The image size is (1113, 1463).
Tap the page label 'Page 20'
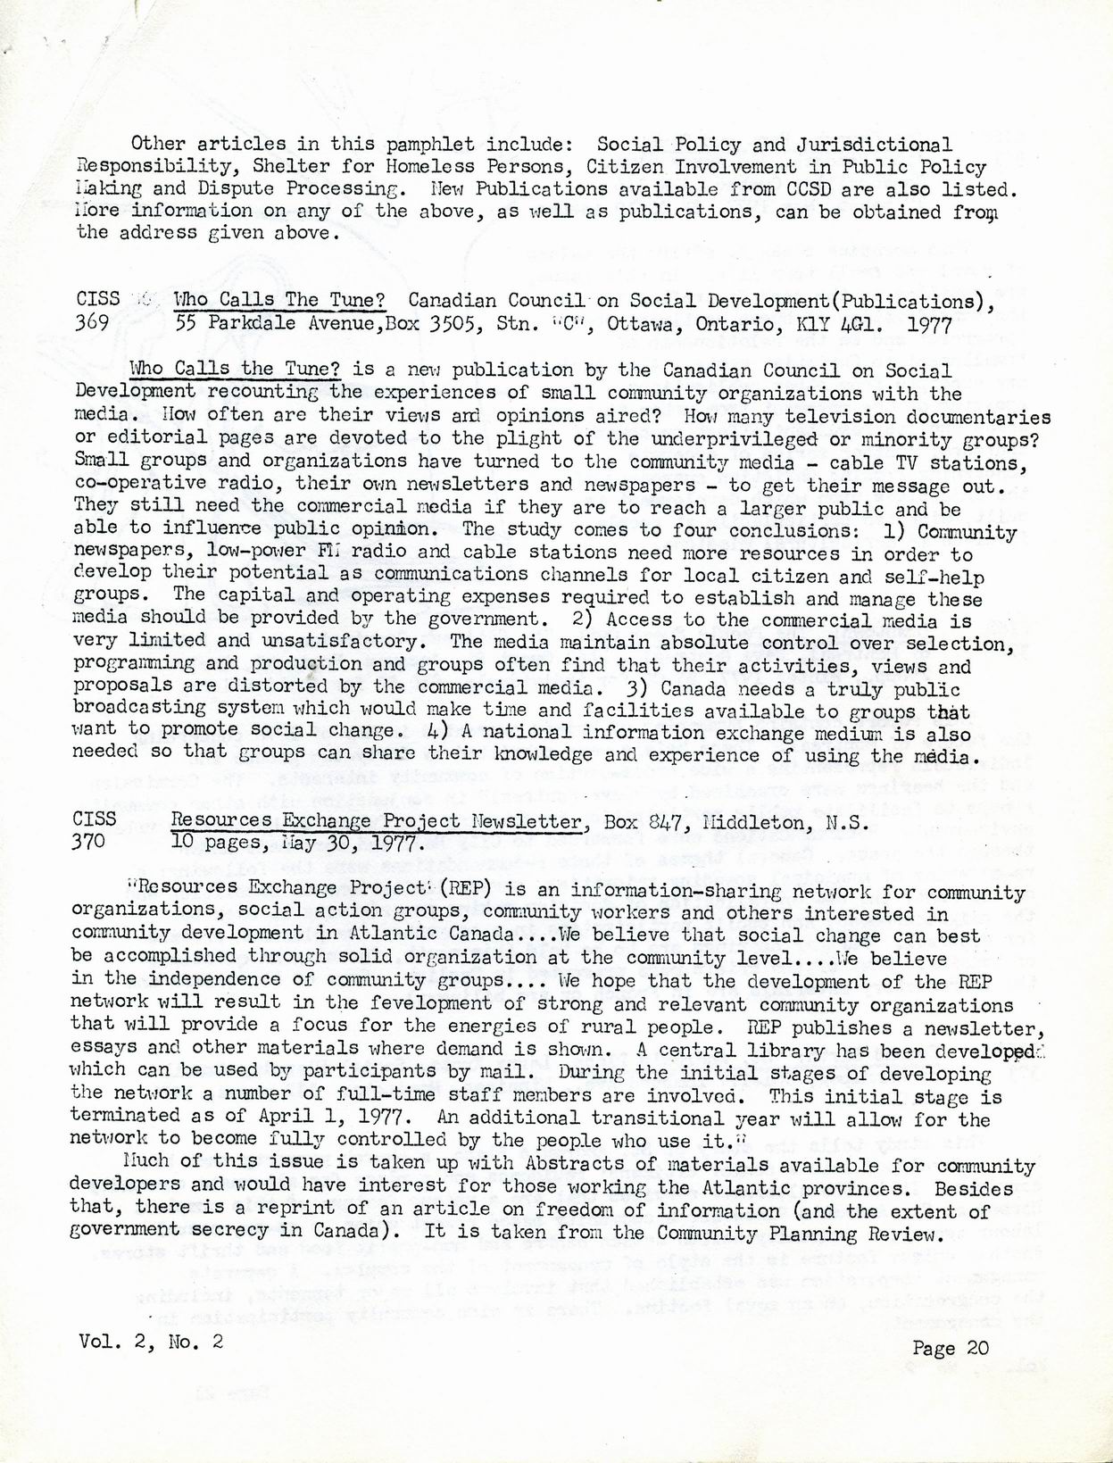[951, 1348]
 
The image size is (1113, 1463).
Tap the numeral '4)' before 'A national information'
[438, 731]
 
